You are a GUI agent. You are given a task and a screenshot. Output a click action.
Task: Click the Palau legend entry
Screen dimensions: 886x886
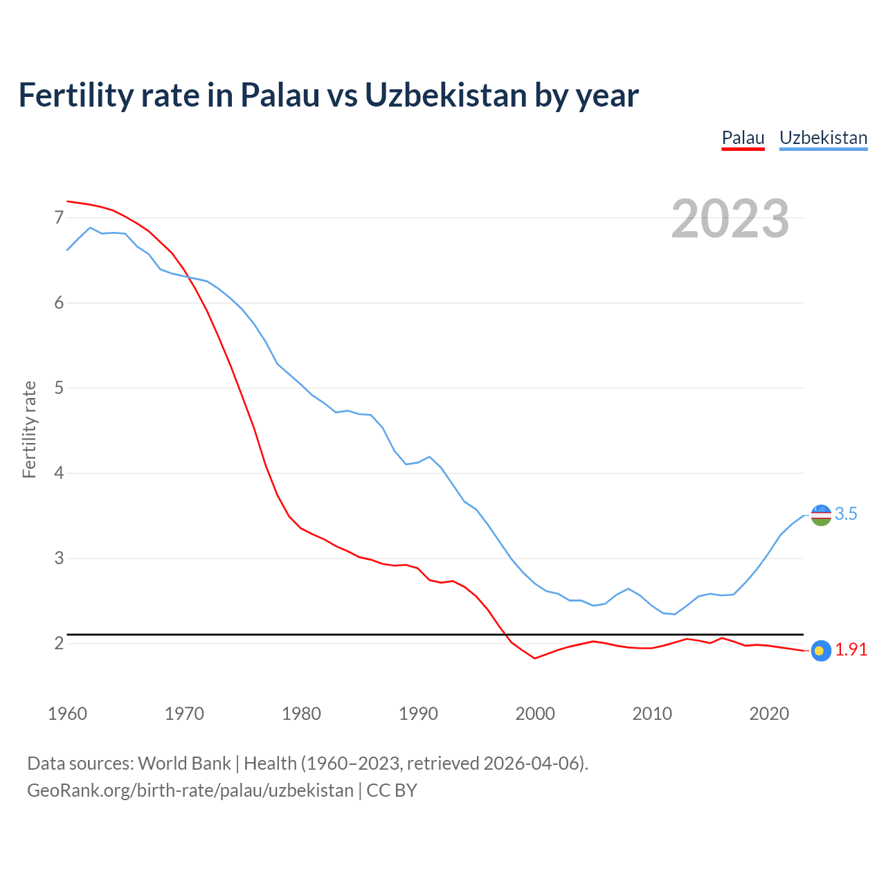(743, 138)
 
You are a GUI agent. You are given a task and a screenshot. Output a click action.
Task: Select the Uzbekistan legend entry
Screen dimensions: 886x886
(823, 138)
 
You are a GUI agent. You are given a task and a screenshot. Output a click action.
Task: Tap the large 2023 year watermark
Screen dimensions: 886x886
(730, 219)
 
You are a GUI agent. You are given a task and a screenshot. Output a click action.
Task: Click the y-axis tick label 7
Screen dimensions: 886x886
(59, 218)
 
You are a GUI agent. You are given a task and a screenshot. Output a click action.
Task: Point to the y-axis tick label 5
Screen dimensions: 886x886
(59, 388)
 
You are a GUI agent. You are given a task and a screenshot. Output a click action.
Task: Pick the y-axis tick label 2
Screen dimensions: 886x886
(59, 644)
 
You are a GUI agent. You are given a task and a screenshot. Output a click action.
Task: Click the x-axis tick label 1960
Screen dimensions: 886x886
(67, 714)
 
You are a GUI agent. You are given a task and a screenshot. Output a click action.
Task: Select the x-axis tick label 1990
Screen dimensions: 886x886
(418, 714)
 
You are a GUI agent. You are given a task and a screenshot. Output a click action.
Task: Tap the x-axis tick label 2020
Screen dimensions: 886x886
(769, 714)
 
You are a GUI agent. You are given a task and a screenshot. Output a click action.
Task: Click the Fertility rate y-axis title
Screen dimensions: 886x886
(29, 429)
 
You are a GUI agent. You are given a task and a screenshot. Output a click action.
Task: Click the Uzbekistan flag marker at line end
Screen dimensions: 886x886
(821, 515)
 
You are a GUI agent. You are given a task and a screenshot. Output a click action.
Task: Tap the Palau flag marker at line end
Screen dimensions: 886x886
(820, 651)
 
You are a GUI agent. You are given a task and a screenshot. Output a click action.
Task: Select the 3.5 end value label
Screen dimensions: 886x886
(846, 514)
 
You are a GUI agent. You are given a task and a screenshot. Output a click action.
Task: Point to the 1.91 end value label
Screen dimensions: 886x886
(851, 649)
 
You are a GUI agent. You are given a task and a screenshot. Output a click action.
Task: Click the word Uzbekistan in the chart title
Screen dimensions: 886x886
(446, 95)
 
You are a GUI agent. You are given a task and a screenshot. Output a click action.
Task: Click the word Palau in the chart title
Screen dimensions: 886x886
(279, 95)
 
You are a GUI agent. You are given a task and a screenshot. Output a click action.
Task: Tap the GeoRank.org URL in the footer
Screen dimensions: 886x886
(190, 790)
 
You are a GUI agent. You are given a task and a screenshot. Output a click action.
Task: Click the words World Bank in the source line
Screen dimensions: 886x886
(184, 763)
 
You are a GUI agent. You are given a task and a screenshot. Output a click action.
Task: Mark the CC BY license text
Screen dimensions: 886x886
(392, 790)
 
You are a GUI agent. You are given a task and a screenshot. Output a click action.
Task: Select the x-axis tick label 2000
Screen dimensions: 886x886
(535, 714)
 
